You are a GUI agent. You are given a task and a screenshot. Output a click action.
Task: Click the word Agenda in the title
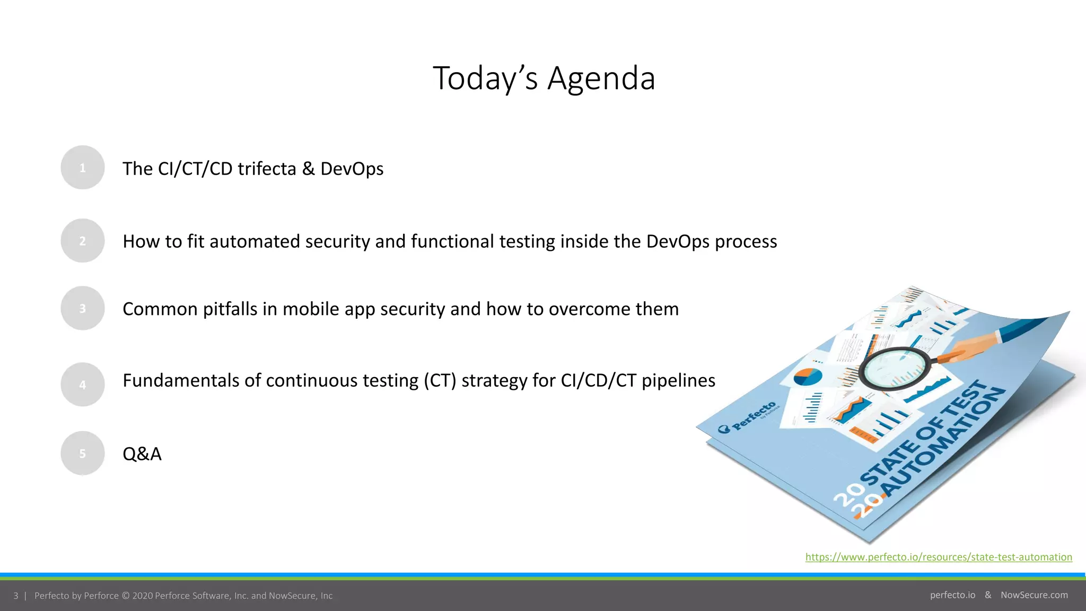601,78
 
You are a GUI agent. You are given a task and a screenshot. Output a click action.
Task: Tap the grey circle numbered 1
83,168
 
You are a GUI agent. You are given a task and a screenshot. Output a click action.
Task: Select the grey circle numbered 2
83,241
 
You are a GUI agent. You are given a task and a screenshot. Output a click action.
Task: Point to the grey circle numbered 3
83,308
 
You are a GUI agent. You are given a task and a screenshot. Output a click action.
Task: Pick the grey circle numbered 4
83,385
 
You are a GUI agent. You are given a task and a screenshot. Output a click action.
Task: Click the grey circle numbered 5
83,453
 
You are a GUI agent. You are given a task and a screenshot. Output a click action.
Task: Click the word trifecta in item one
267,169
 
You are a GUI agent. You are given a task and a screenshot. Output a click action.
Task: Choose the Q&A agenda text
142,454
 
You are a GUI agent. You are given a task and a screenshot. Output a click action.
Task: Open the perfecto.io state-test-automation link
939,557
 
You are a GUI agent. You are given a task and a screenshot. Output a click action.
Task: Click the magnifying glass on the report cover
894,368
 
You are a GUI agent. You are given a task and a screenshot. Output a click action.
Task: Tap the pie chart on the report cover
808,377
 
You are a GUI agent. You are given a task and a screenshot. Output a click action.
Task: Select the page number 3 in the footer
16,596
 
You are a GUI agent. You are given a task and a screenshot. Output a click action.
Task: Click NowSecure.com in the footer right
1034,595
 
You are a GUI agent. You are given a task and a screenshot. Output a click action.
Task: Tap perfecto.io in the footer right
952,595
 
